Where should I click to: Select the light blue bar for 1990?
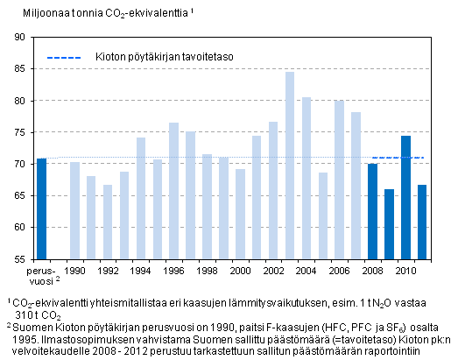(x=74, y=210)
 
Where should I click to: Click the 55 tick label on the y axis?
(x=18, y=259)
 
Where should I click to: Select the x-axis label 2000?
(x=240, y=272)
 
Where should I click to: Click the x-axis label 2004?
(x=307, y=272)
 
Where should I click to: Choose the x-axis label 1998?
(x=207, y=272)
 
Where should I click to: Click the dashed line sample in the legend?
(x=63, y=58)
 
